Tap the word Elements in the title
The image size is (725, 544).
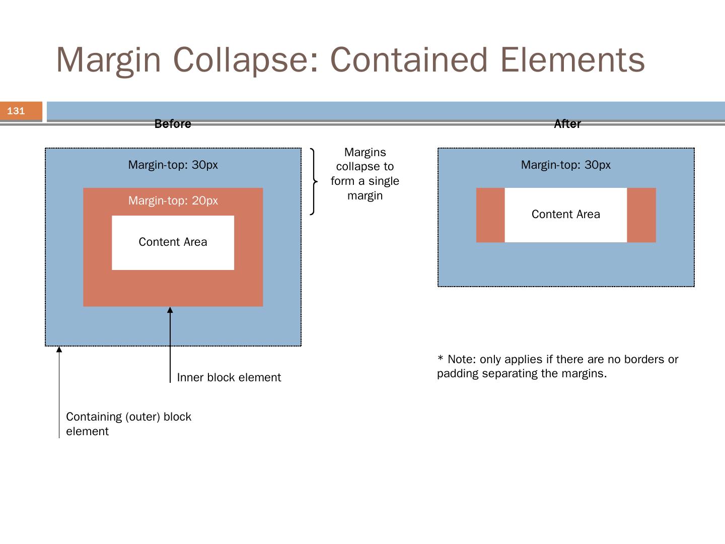(x=572, y=59)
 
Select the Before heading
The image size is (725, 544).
(x=173, y=124)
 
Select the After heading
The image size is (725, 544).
(x=567, y=124)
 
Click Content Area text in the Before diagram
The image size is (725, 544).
(x=173, y=242)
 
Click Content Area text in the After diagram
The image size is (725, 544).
(x=565, y=215)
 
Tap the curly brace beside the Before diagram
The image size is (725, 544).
(x=313, y=181)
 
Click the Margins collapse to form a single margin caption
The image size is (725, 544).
(x=365, y=174)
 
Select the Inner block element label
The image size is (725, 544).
(x=229, y=378)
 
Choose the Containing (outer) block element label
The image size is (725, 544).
(x=128, y=424)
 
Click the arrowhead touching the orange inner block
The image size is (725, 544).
(x=170, y=310)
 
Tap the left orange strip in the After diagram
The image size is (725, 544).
(x=490, y=215)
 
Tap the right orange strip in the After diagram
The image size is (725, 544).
(x=641, y=215)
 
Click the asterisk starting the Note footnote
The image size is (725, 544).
(x=441, y=359)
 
